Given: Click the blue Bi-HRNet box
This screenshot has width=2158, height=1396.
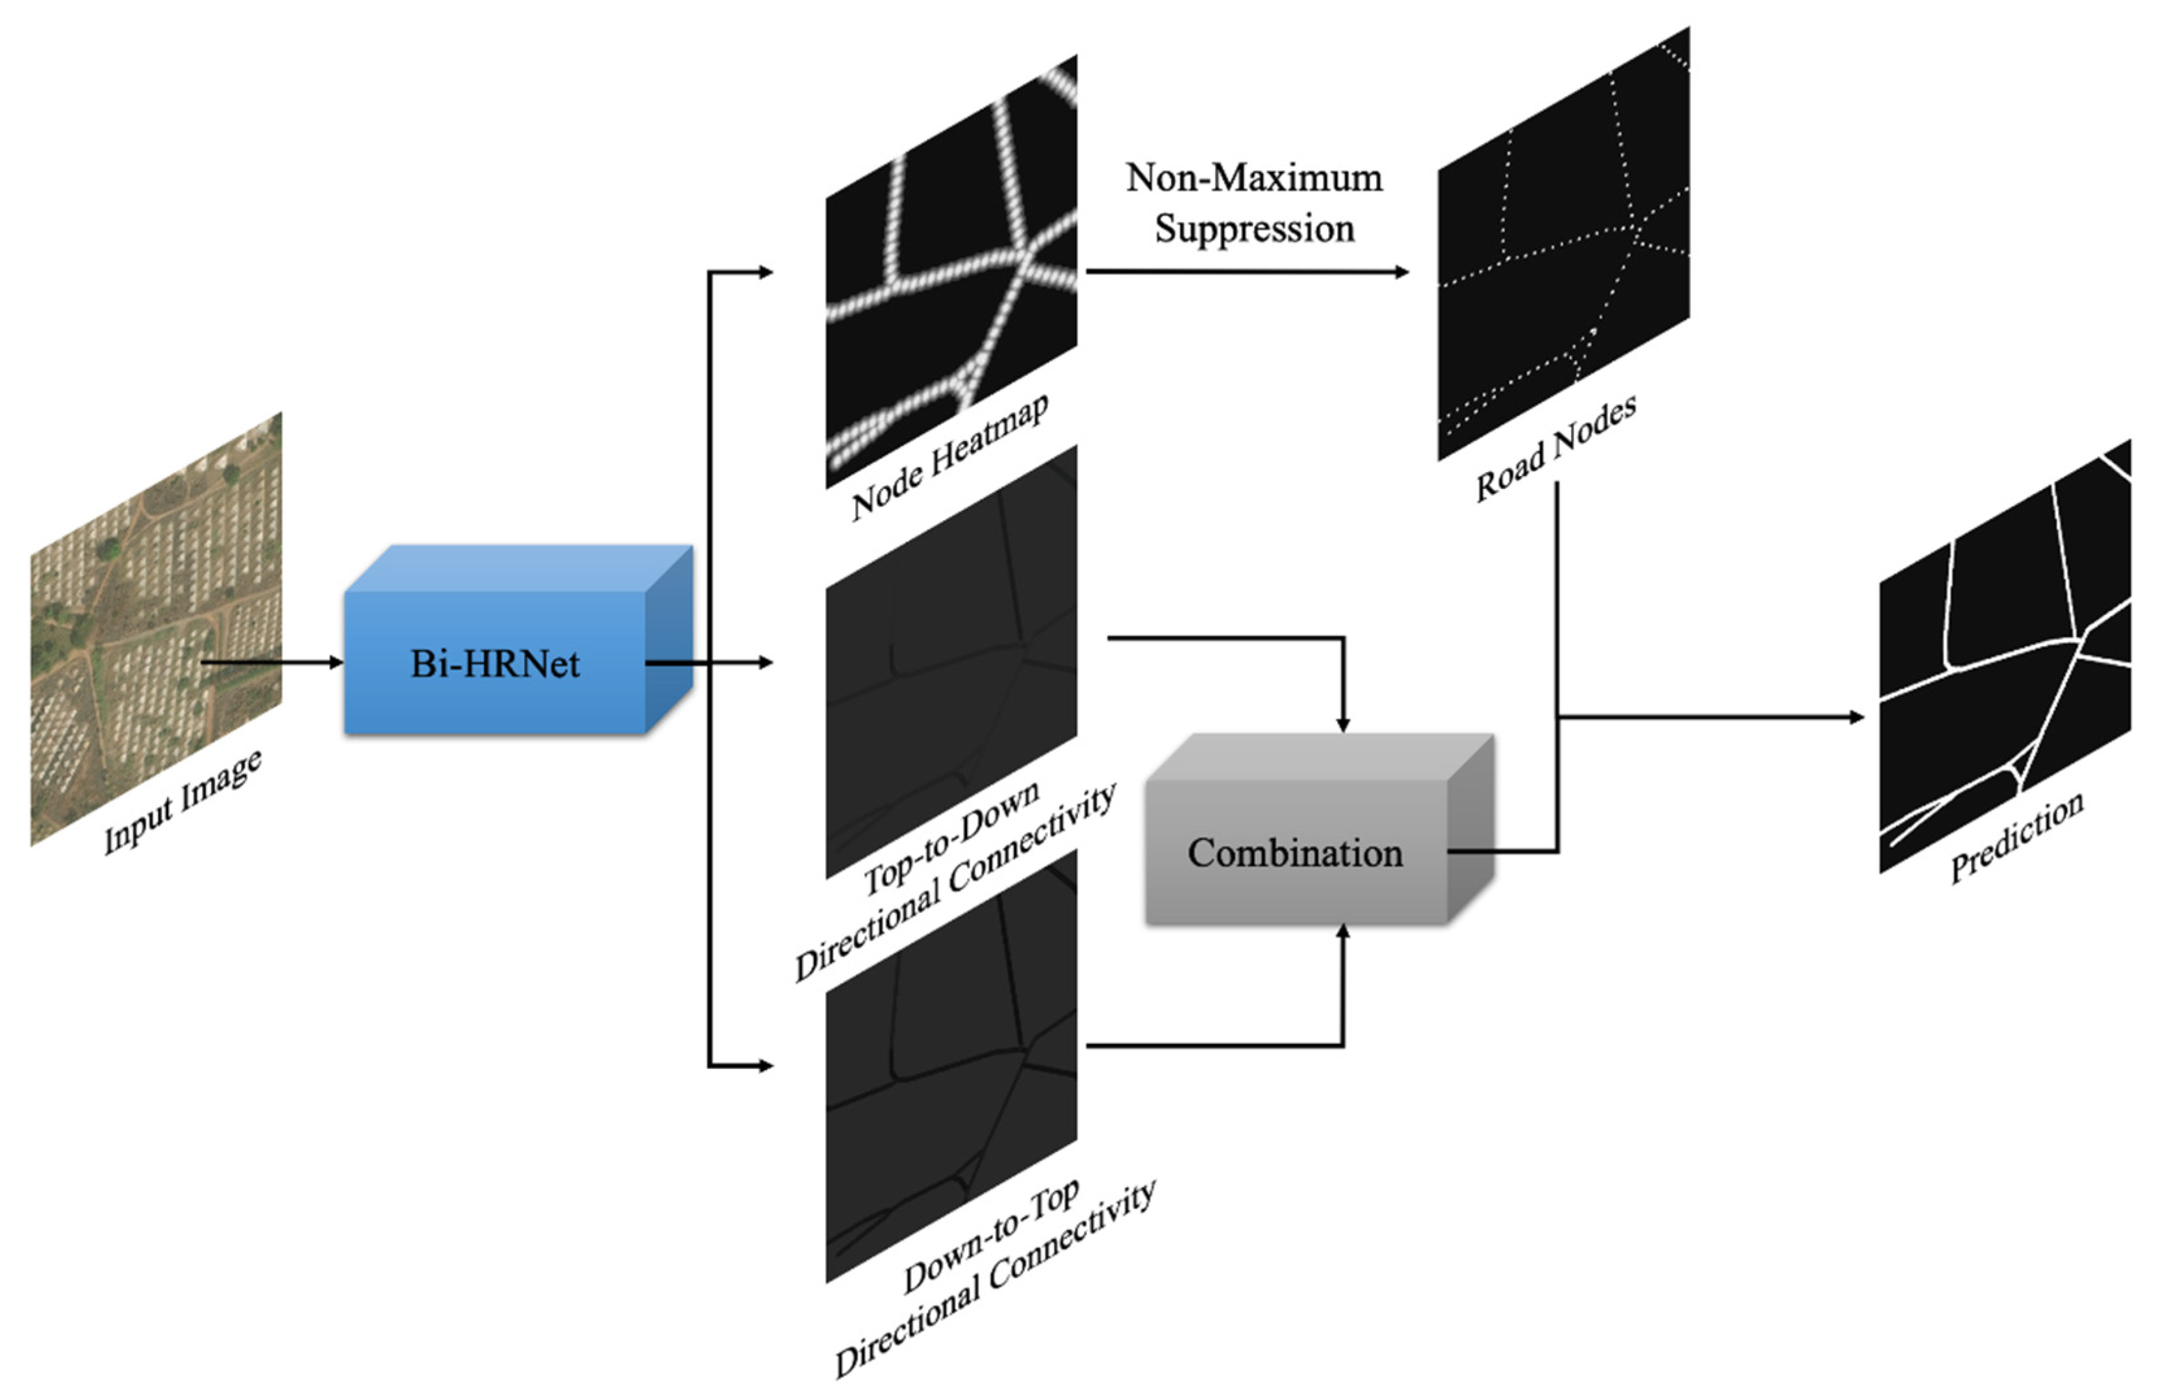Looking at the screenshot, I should click(495, 663).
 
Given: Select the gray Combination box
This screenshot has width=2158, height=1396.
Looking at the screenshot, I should click(1295, 852).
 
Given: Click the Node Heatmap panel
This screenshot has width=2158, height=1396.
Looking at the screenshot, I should click(951, 272).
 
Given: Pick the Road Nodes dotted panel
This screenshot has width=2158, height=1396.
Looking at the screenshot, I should click(1563, 245).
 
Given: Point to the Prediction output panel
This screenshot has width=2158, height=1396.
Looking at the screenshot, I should click(2004, 657).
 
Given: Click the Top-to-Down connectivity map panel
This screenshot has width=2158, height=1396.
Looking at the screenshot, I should click(951, 662).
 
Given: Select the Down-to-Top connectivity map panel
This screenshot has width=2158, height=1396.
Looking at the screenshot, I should click(951, 1065).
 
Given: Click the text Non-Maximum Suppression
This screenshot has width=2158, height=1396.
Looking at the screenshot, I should click(1254, 203).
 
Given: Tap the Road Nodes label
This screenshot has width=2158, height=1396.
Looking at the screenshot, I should click(1556, 448).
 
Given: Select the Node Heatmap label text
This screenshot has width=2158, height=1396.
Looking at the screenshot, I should click(949, 458).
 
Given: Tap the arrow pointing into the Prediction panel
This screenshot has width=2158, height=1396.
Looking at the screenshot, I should click(1714, 717).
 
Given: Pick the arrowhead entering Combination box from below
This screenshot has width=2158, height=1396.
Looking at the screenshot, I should click(1343, 932).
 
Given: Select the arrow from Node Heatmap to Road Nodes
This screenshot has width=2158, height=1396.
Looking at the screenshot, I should click(1247, 271).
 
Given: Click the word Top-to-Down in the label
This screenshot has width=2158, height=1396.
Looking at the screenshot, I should click(950, 838).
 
